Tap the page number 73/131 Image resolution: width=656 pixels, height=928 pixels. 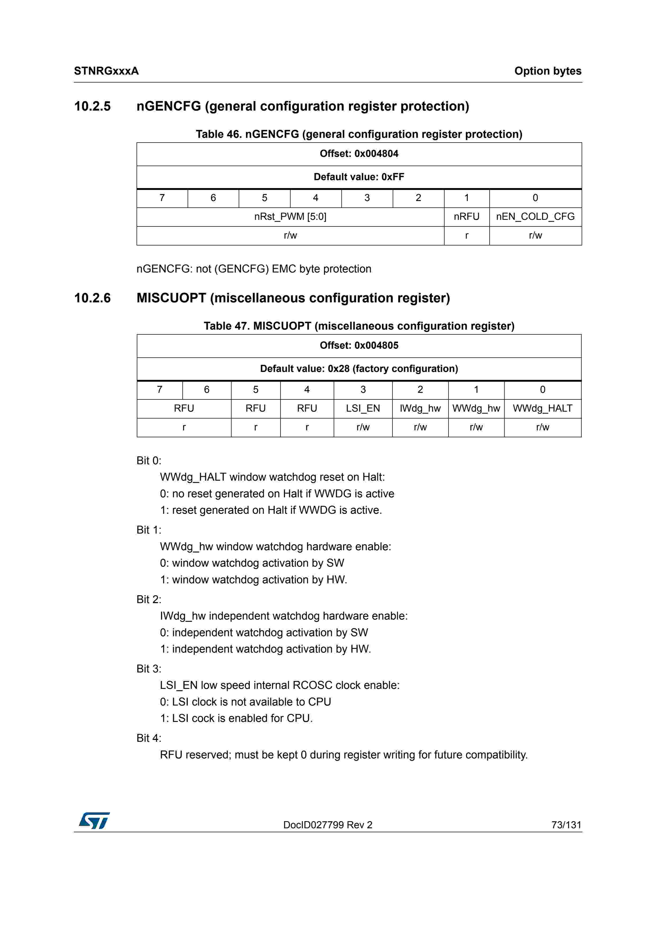tap(566, 825)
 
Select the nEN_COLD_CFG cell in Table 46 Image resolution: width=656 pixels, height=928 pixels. tap(535, 217)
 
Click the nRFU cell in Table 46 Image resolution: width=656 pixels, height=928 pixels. tap(467, 217)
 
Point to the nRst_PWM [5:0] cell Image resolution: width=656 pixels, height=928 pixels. tap(290, 217)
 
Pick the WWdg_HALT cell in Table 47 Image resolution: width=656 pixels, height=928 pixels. tap(542, 408)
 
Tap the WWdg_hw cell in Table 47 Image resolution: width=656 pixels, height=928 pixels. tap(476, 408)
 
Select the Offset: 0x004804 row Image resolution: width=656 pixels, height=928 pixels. tap(359, 154)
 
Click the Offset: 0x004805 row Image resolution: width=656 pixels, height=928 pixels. tap(359, 345)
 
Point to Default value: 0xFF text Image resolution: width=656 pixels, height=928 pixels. tap(359, 177)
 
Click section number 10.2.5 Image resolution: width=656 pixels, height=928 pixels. tap(93, 106)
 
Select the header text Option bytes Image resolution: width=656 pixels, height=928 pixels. tap(548, 71)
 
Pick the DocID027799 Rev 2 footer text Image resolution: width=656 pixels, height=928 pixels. tap(327, 825)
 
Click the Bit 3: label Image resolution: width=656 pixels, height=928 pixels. tap(149, 669)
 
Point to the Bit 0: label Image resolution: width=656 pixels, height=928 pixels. tap(149, 461)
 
